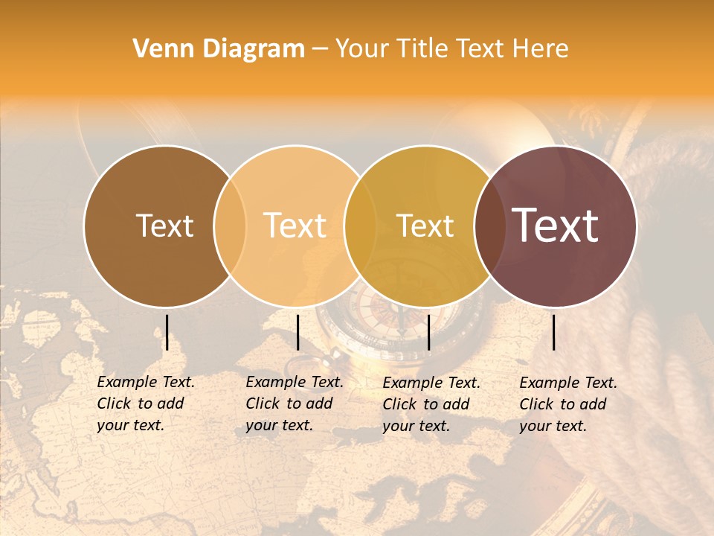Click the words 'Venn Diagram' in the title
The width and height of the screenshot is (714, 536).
click(219, 49)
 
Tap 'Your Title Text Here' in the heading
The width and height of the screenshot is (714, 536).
click(451, 49)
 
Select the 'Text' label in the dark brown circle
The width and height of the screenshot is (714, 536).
click(164, 226)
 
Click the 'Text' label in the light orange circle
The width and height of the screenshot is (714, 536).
click(295, 226)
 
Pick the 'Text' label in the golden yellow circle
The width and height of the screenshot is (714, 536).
click(425, 226)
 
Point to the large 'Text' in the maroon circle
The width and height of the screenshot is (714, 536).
click(556, 226)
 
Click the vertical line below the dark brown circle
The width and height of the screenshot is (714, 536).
click(167, 332)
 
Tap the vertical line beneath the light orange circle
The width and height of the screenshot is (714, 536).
click(297, 332)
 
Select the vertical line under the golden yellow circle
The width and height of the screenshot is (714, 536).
click(428, 332)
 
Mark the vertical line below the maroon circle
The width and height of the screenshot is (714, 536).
click(554, 332)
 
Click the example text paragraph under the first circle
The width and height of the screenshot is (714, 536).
click(146, 403)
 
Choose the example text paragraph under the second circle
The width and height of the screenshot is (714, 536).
click(295, 403)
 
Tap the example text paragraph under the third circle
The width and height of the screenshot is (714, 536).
click(431, 404)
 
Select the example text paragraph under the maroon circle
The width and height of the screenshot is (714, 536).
click(568, 404)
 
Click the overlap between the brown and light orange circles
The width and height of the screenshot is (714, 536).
click(230, 226)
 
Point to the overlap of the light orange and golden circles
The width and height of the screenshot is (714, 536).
click(360, 226)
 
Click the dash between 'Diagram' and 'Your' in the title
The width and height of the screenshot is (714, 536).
click(320, 49)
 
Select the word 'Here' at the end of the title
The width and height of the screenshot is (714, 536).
click(544, 49)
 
